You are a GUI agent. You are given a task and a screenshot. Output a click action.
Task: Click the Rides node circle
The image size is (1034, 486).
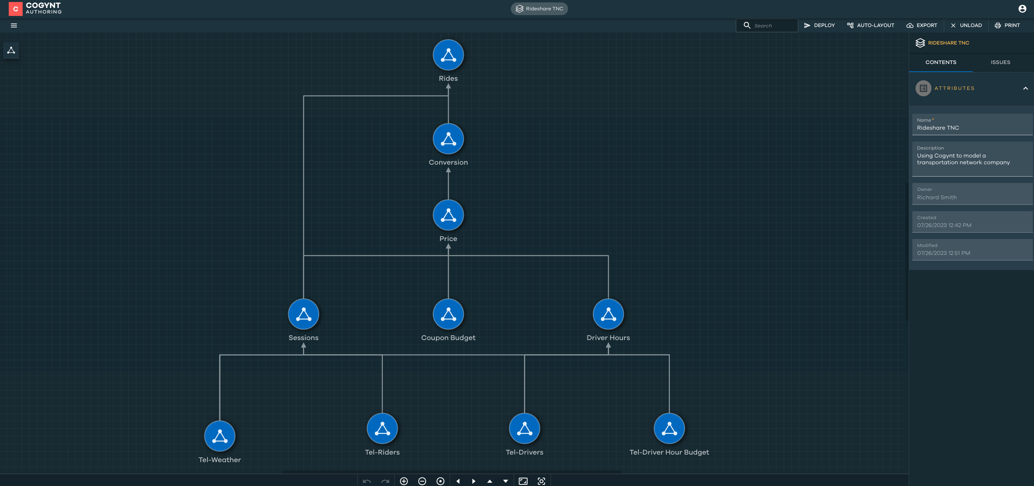click(448, 55)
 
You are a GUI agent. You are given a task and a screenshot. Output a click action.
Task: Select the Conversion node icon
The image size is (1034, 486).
click(448, 139)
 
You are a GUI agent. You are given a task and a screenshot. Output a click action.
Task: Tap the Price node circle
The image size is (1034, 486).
click(448, 215)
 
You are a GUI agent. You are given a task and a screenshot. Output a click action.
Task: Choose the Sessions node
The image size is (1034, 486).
click(303, 315)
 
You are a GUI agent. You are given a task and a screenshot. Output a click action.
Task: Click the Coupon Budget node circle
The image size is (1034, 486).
click(448, 315)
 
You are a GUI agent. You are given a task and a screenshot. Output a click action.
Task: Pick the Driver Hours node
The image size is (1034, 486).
click(608, 315)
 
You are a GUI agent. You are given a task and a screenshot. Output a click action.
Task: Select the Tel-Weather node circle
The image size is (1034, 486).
click(219, 437)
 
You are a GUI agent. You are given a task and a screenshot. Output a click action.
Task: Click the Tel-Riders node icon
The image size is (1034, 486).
click(382, 429)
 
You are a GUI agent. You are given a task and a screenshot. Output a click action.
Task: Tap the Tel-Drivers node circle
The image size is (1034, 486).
click(524, 429)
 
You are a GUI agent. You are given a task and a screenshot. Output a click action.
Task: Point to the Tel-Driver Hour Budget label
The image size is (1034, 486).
click(669, 452)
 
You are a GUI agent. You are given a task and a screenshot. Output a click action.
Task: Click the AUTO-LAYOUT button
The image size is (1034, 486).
click(871, 25)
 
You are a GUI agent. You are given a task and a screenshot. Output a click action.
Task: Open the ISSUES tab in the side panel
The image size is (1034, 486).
click(1000, 62)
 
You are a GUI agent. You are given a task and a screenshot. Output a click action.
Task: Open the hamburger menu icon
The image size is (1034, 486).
click(14, 25)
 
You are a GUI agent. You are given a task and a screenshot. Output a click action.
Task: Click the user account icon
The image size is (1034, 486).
click(1022, 9)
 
